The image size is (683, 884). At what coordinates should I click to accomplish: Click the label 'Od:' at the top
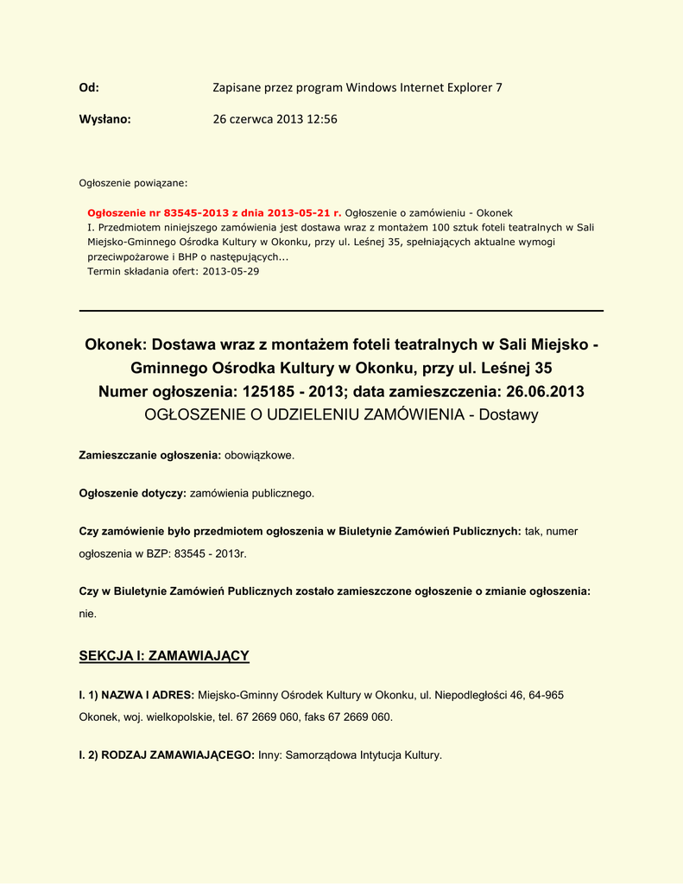pos(89,87)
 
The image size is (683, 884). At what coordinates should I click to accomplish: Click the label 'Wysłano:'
pos(104,119)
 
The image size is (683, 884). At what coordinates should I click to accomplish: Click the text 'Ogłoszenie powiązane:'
pos(133,183)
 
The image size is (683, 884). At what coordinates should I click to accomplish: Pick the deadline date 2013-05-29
pos(231,271)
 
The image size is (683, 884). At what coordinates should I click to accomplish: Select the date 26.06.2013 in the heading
pos(541,392)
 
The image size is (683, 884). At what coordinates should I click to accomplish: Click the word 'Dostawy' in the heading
pos(509,415)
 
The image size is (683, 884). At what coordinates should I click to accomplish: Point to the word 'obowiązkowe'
pos(259,454)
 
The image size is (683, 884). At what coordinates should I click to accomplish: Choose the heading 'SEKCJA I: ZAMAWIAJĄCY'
pos(164,656)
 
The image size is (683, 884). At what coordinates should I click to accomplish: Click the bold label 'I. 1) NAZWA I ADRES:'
pos(136,694)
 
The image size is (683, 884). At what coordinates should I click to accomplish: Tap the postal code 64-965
pos(546,694)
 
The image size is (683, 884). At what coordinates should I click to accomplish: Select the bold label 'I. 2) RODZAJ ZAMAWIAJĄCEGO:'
pos(167,755)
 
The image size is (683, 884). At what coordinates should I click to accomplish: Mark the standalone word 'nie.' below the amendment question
pos(88,614)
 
